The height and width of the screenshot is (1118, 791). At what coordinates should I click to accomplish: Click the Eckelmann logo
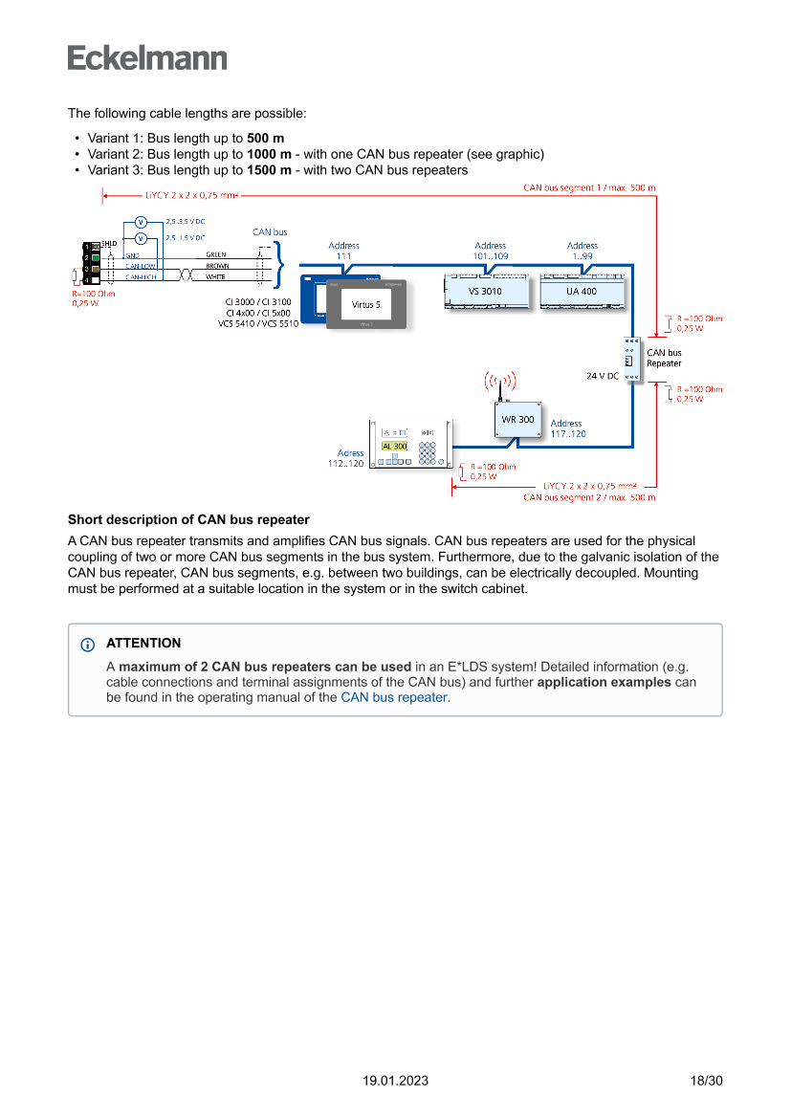147,57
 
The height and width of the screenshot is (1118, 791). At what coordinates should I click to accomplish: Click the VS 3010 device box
485,291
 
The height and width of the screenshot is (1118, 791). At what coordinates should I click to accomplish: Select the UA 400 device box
582,291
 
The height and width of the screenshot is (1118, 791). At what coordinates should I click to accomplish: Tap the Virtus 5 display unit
366,304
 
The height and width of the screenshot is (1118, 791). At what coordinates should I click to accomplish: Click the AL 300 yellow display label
394,446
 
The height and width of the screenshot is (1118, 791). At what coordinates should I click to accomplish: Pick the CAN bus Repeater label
664,358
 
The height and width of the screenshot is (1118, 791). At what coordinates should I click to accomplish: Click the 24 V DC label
603,376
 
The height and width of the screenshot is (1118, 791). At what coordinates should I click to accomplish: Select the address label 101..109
490,251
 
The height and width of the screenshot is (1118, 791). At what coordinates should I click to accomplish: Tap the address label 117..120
568,428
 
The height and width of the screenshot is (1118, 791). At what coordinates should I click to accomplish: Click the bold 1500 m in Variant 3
269,170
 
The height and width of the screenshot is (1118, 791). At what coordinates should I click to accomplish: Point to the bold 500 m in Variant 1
265,138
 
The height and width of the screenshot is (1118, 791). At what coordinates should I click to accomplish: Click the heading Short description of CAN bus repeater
188,519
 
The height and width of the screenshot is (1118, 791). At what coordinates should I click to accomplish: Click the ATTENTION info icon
88,644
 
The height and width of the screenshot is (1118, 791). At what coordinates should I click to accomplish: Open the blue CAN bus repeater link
393,697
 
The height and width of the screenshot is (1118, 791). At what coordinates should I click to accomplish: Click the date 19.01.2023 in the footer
395,1081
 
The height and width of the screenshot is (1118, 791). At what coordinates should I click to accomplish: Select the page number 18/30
706,1081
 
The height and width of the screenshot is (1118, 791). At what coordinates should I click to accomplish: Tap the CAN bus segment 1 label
589,187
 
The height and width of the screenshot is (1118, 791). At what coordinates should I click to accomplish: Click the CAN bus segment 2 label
589,497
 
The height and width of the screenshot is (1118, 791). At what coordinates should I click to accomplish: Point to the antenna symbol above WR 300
498,384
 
